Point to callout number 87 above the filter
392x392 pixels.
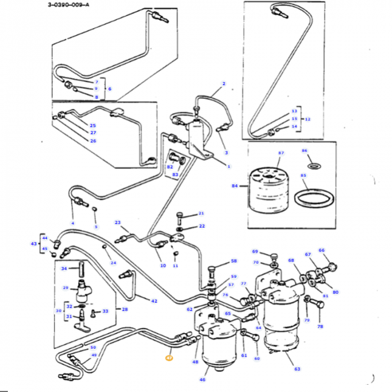[281, 153]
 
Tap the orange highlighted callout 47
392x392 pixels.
[169, 359]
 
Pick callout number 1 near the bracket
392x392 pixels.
[229, 166]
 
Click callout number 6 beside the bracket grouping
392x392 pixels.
[109, 89]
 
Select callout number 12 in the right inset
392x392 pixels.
[308, 119]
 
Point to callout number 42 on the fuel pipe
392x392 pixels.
[154, 301]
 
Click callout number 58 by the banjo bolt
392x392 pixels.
[233, 262]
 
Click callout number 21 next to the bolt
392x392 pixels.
[202, 214]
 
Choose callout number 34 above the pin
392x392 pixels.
[64, 268]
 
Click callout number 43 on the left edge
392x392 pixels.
[33, 243]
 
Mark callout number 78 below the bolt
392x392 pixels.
[320, 326]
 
